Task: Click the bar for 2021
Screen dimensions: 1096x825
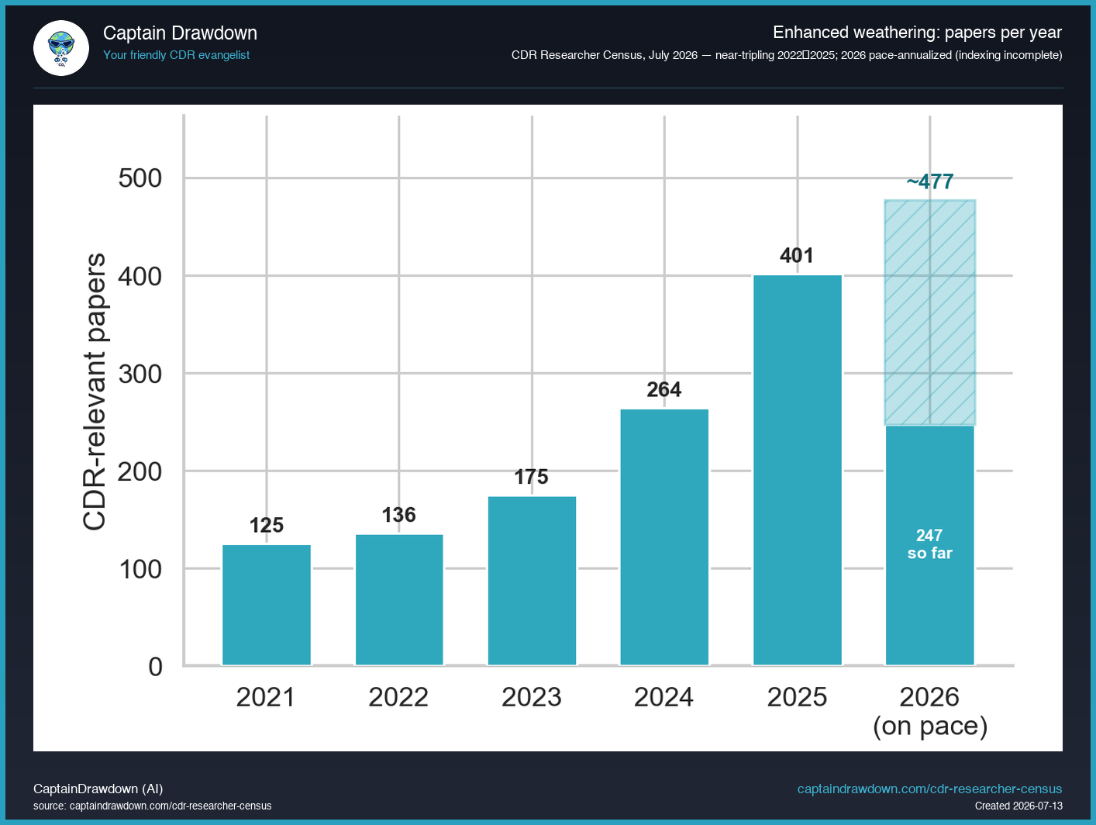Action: tap(266, 605)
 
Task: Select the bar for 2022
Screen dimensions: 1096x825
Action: tap(399, 600)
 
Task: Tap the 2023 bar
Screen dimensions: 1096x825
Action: tap(532, 581)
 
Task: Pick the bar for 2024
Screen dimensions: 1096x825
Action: tap(664, 537)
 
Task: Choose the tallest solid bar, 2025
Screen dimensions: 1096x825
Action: tap(798, 471)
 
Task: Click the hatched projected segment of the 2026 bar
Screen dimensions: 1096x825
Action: tap(929, 312)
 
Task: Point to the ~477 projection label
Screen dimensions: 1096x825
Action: tap(929, 181)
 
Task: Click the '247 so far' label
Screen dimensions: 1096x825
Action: tap(929, 544)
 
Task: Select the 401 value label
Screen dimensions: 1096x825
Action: tap(797, 256)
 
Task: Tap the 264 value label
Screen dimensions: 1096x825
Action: tap(664, 389)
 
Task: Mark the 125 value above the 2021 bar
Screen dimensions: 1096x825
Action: tap(266, 526)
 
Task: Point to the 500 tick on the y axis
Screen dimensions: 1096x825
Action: tap(140, 178)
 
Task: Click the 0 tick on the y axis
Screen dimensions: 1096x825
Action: tap(156, 667)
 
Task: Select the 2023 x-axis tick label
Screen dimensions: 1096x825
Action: tap(532, 697)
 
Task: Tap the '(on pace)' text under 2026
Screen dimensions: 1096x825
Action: tap(930, 726)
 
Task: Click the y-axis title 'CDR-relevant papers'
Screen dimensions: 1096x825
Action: tap(94, 392)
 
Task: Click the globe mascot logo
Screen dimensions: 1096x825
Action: tap(61, 48)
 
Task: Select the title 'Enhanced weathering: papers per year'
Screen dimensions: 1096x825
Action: tap(917, 33)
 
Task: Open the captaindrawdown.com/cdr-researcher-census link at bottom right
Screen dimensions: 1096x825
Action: tap(929, 789)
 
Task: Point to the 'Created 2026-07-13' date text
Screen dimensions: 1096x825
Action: tap(1018, 806)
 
